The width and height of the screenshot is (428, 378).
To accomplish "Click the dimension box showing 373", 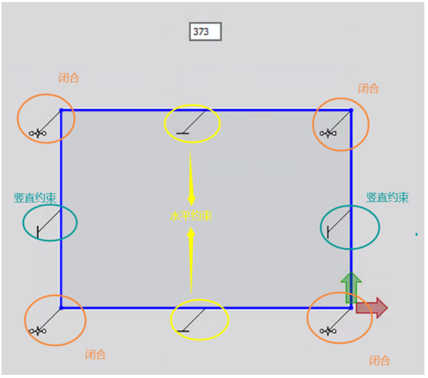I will coord(205,31).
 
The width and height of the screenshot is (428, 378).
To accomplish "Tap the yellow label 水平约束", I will coord(191,217).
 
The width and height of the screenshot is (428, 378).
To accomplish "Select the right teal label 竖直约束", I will coord(387,197).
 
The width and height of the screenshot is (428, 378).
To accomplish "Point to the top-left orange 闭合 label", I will coord(69,78).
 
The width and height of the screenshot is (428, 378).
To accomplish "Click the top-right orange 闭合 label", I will coord(368,89).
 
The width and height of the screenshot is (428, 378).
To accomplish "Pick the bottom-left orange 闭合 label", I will coord(96,354).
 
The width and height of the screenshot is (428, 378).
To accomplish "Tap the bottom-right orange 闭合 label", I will coord(379,360).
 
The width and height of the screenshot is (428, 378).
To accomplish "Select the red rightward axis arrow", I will coord(372,308).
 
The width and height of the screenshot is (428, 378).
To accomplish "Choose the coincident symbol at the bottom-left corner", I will coord(38,331).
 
